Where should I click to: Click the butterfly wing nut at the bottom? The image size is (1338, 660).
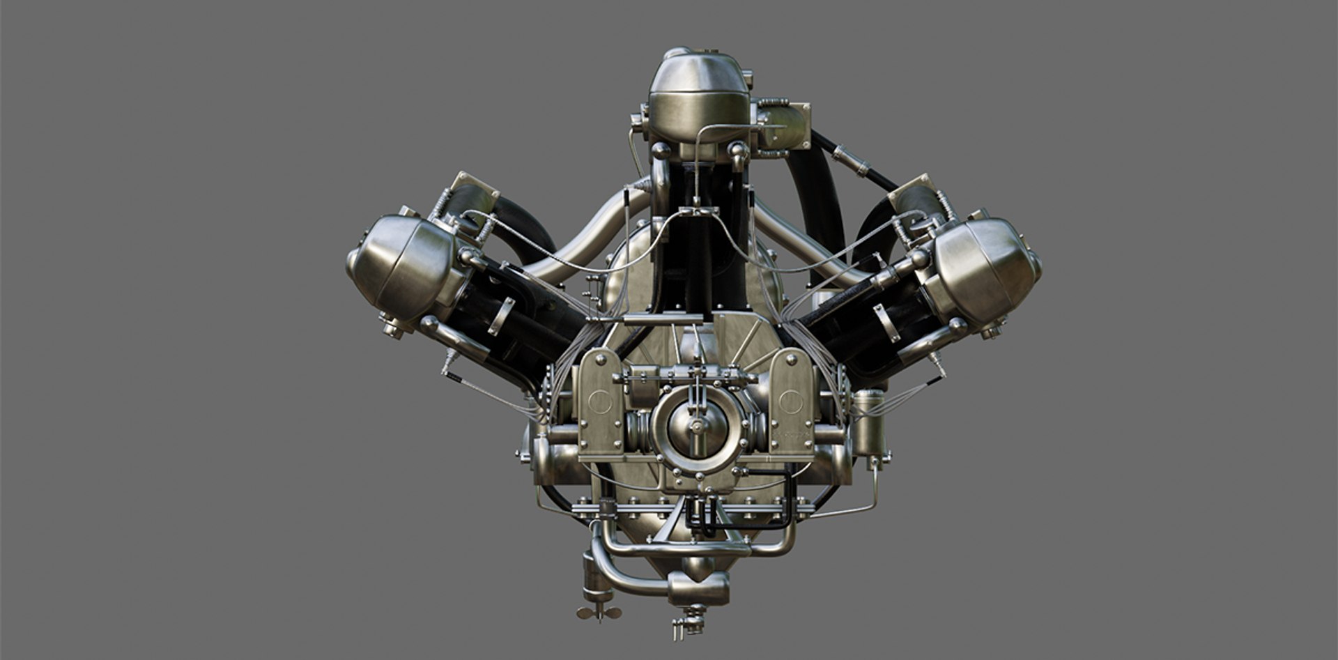point(599,612)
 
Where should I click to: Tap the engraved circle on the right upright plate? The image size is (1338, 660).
point(790,401)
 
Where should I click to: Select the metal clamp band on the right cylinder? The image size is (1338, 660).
point(886,321)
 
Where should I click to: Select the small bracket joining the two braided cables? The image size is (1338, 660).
point(696,210)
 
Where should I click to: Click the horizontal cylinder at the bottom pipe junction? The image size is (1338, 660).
point(698,589)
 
